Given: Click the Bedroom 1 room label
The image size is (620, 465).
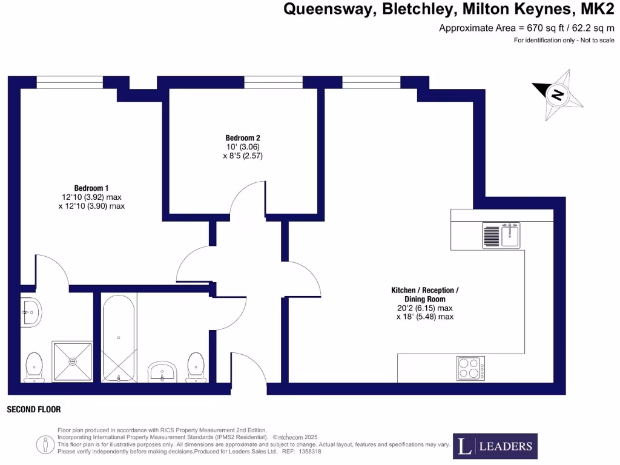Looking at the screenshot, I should (91, 188).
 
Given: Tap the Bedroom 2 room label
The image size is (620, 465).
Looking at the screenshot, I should (242, 137).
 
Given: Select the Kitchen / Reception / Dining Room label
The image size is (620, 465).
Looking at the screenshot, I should (424, 295).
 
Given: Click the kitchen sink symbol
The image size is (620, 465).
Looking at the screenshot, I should (501, 235).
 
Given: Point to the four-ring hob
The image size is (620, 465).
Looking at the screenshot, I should (469, 368).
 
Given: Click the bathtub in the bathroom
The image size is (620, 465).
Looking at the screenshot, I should (118, 338).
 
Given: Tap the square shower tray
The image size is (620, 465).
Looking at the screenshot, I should (73, 361).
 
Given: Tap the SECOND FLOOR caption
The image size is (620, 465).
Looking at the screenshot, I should (34, 410).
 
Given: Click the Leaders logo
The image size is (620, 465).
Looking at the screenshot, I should (495, 446).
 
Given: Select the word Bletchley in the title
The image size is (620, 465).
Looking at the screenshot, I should (417, 10).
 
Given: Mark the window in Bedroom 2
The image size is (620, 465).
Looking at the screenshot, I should (274, 82).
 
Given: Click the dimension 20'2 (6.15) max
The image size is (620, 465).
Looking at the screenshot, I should (424, 308).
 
